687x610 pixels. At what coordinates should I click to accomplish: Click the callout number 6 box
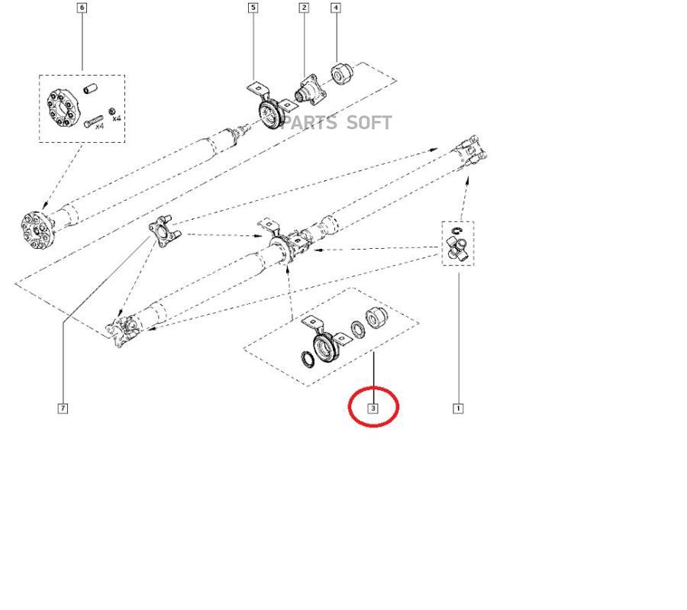tap(82, 8)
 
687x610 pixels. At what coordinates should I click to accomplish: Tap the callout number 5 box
tap(253, 8)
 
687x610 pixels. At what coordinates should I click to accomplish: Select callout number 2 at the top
tap(305, 8)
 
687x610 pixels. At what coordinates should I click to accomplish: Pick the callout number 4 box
tap(336, 8)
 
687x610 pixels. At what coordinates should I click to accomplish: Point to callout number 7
tap(63, 408)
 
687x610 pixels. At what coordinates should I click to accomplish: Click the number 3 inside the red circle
tap(373, 408)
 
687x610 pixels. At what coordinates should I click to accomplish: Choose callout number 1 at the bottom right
tap(458, 408)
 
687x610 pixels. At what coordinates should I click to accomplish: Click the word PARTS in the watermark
tap(309, 123)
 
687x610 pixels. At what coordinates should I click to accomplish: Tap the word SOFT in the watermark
tap(369, 123)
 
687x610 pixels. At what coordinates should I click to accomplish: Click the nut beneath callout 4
tap(340, 74)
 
